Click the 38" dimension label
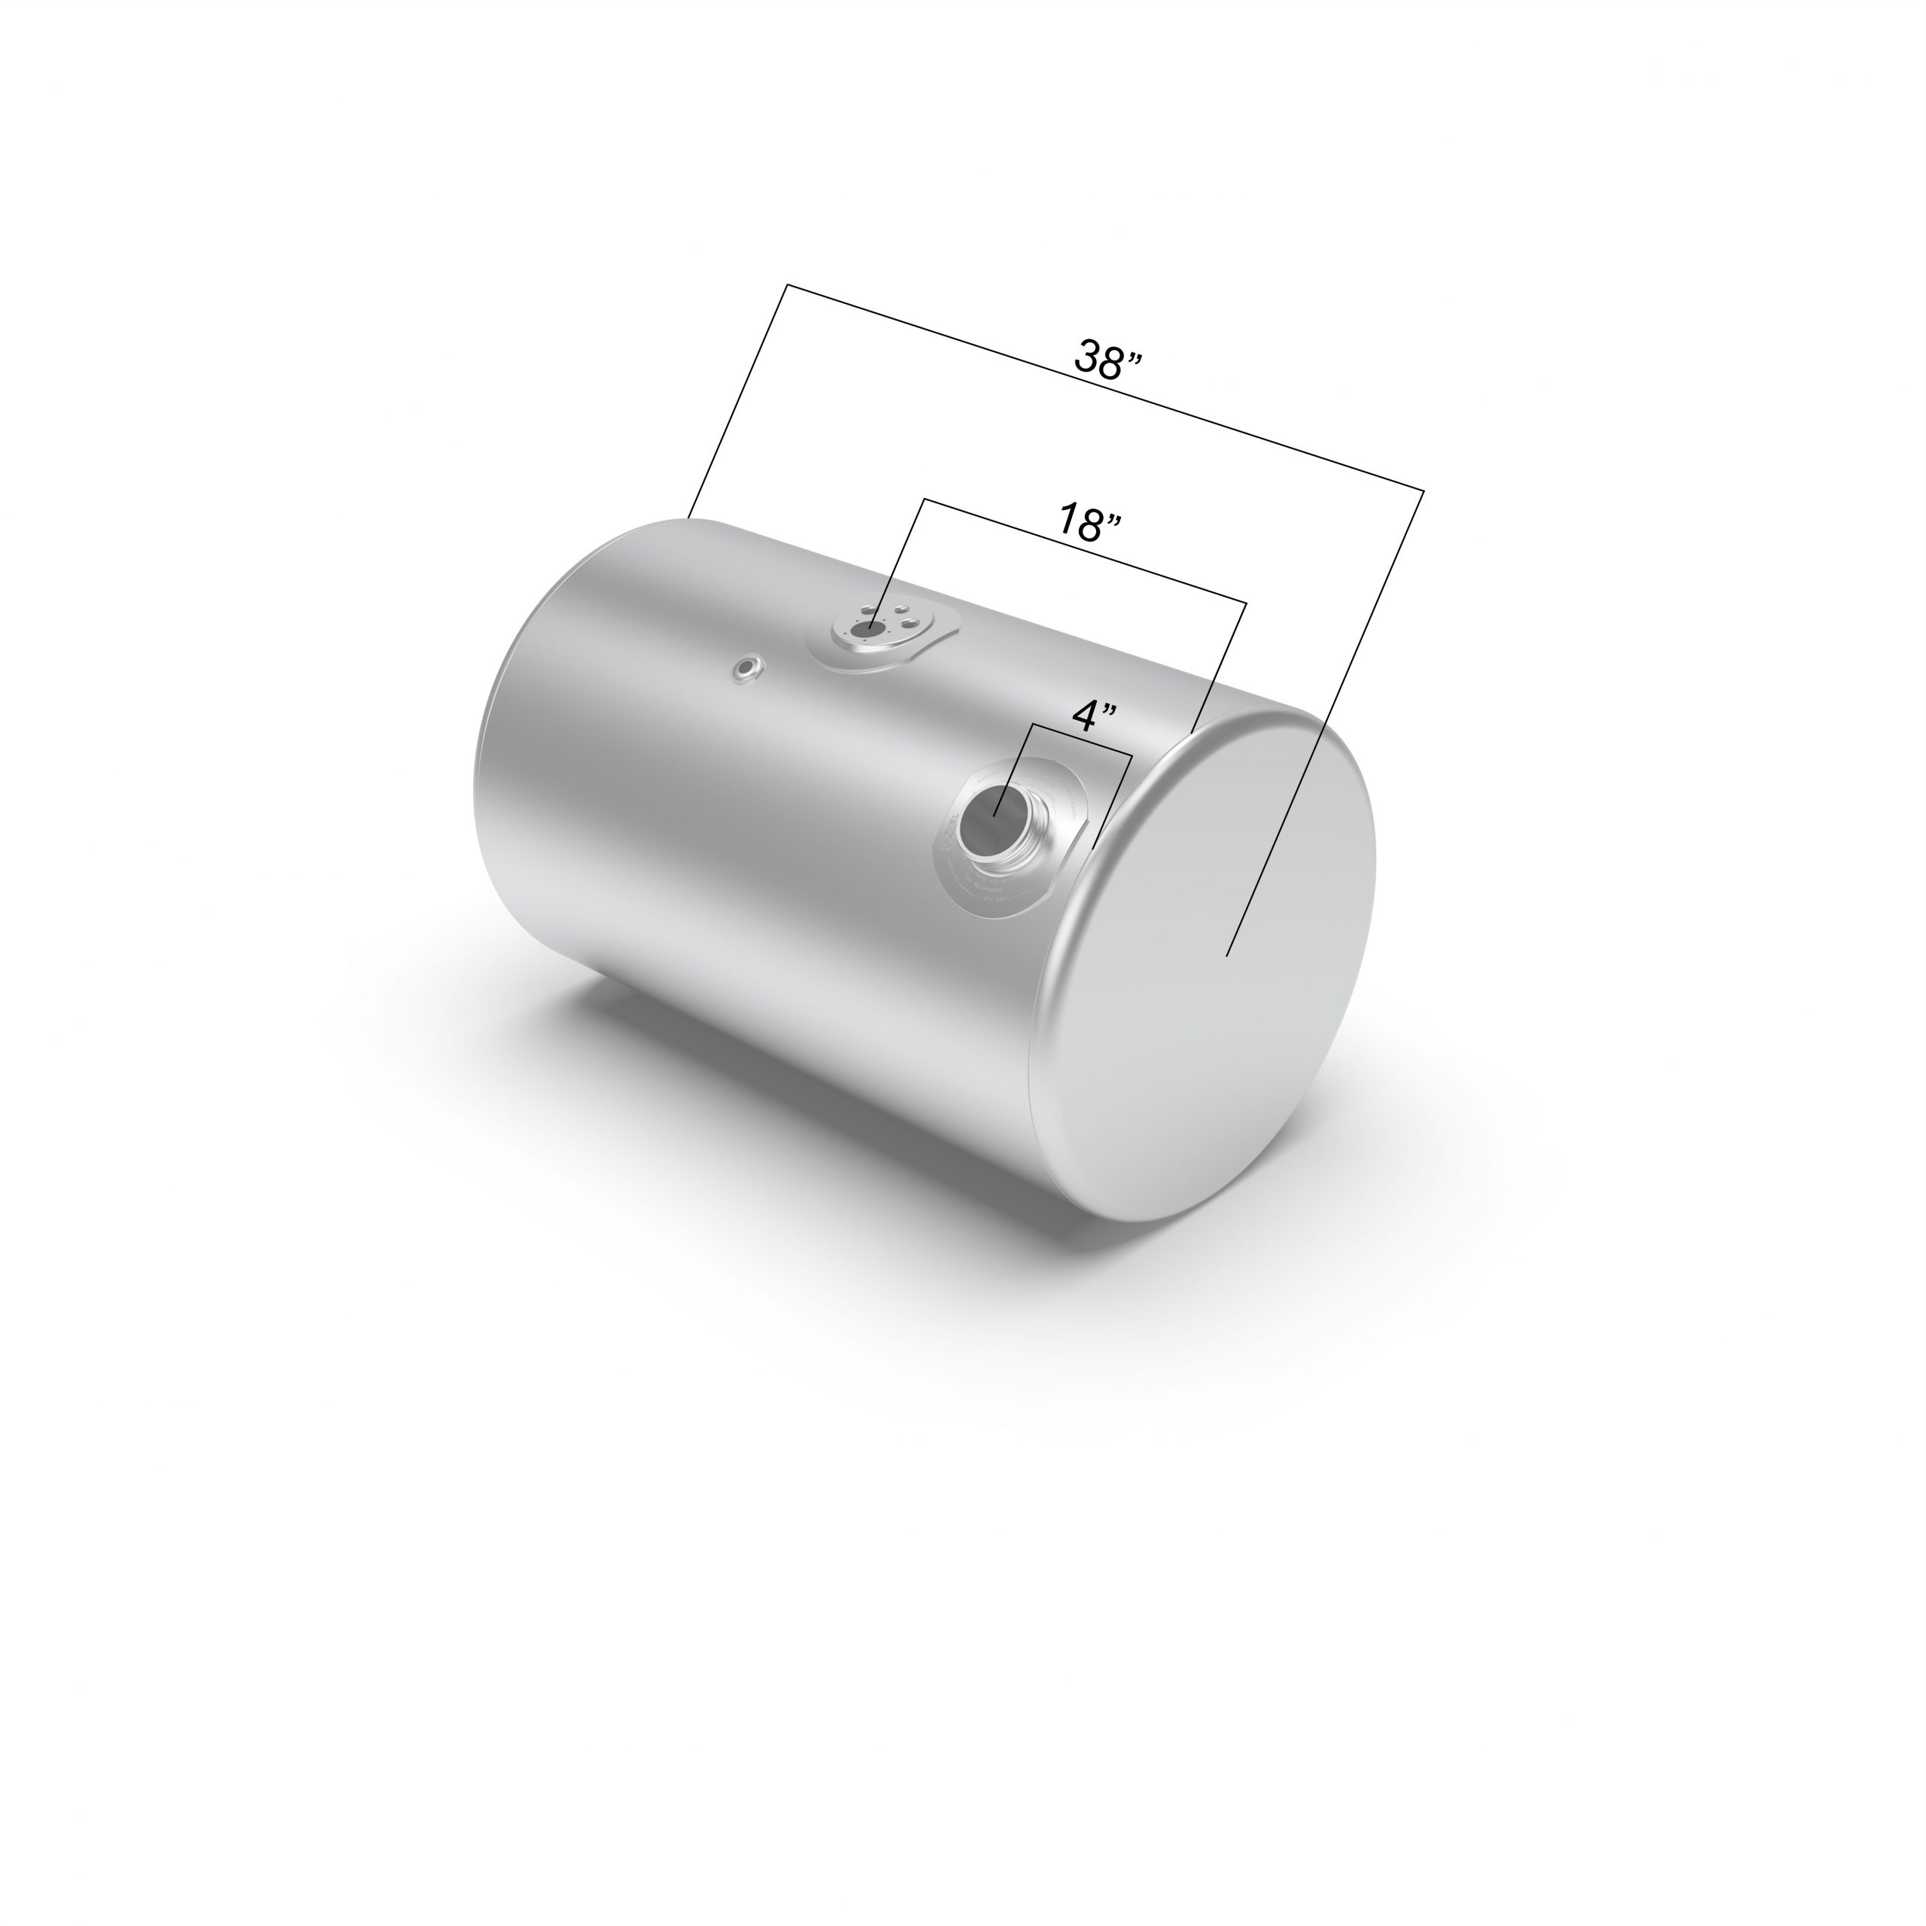(1107, 359)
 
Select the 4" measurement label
(1094, 715)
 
